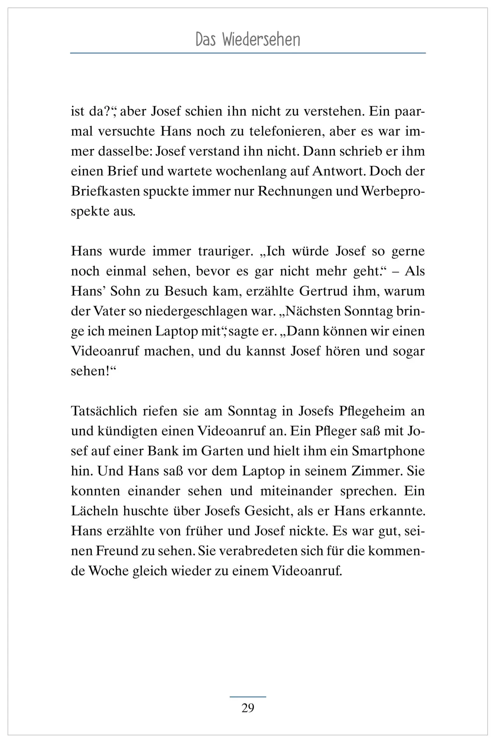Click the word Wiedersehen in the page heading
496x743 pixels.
(261, 40)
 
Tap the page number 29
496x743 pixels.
(248, 708)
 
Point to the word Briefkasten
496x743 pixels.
(105, 191)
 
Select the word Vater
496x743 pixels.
(105, 311)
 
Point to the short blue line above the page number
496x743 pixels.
(248, 697)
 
